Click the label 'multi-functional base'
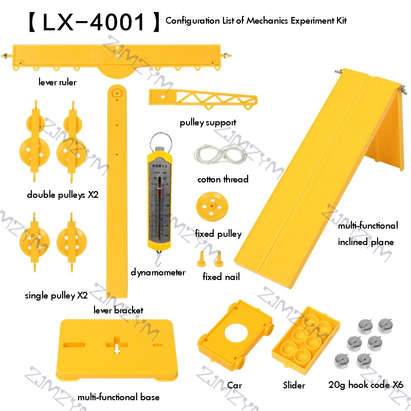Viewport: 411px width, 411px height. pos(118,397)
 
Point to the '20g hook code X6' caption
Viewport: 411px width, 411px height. pos(366,385)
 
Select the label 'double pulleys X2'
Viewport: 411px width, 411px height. pos(63,195)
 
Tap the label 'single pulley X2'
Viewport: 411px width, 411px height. pos(56,295)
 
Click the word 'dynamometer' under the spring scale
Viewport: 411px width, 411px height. pos(157,272)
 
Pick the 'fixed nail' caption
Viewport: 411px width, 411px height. pos(221,277)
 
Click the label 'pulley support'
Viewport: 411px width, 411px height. pos(208,122)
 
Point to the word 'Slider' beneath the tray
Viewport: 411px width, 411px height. pos(294,385)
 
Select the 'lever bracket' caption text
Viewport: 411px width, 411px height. pos(118,310)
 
